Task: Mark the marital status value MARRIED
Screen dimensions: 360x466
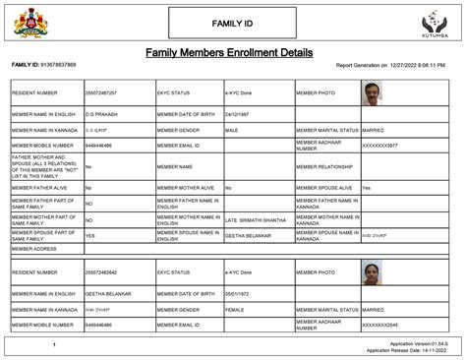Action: point(375,129)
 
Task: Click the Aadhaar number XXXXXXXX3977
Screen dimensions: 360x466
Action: point(380,144)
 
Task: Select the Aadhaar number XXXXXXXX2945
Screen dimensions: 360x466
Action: point(380,324)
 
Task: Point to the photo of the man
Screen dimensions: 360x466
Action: point(372,93)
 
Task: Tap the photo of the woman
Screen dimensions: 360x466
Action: point(372,271)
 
